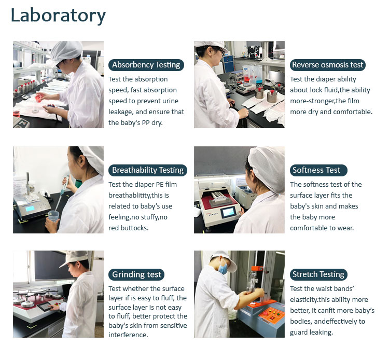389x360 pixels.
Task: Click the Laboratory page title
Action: coord(58,16)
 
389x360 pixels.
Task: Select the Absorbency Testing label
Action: coord(146,65)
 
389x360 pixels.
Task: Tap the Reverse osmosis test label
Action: coord(327,65)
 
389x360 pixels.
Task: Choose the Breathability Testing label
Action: coord(148,170)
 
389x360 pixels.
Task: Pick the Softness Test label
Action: coord(318,170)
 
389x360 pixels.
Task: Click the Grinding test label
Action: coord(136,274)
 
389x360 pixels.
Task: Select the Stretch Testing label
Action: coord(318,274)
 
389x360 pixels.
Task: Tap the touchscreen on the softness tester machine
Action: coord(229,212)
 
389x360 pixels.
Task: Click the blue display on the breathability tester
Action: coord(30,209)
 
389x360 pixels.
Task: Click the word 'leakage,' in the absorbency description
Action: coord(121,112)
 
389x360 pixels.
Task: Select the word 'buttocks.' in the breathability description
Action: coord(134,228)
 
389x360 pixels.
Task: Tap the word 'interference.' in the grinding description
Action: coord(128,335)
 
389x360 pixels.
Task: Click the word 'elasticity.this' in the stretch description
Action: coord(315,300)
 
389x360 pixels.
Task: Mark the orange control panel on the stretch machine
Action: coord(272,314)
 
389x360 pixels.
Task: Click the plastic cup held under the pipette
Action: coord(53,216)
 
